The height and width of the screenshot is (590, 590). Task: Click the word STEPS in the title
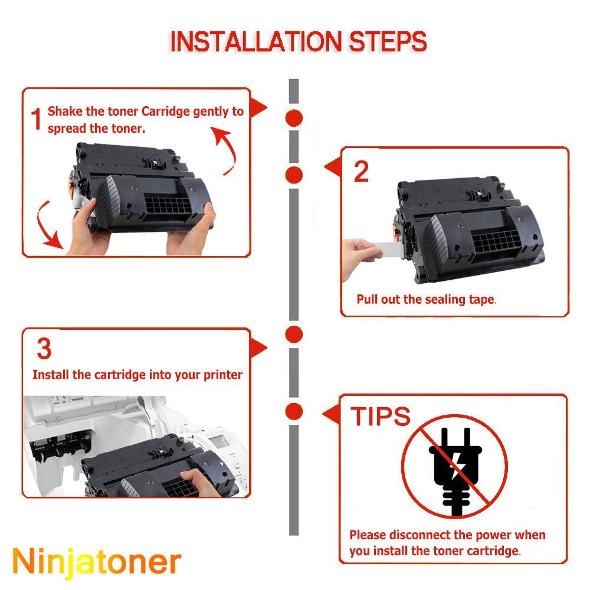[x=388, y=41]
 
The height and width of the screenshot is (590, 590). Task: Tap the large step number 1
[x=36, y=119]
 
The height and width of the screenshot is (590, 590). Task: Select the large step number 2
[x=361, y=172]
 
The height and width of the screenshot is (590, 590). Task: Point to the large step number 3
[x=44, y=349]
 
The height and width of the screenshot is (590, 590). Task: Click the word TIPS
[x=381, y=416]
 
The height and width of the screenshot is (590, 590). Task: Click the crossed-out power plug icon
[x=454, y=467]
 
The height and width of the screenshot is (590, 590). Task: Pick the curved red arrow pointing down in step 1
[x=46, y=226]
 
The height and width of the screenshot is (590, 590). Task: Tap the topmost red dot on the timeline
[x=294, y=118]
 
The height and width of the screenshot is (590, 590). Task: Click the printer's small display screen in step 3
[x=219, y=441]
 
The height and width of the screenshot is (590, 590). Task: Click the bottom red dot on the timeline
[x=294, y=411]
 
